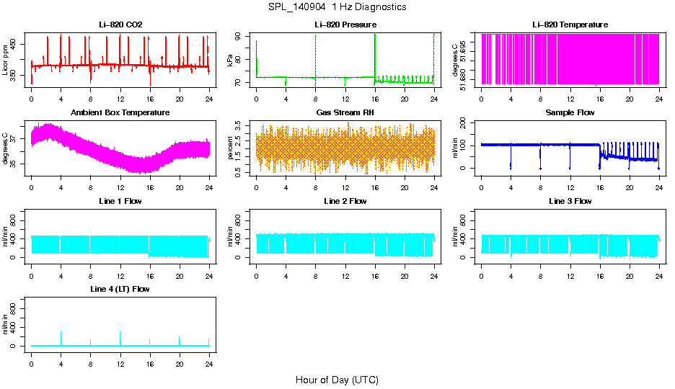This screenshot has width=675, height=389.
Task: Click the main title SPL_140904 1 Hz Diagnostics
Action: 337,7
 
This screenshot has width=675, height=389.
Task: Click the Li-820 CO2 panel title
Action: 120,25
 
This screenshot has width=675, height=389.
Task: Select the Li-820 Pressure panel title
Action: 345,25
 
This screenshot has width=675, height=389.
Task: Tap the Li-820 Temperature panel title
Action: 570,25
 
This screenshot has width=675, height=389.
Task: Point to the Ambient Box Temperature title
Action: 120,113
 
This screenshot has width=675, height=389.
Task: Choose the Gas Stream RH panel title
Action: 345,113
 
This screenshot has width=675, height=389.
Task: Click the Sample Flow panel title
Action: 570,113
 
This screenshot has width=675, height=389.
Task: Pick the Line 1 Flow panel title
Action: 120,201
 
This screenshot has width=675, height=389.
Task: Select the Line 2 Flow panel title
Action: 345,201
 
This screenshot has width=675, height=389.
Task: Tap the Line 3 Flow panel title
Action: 570,201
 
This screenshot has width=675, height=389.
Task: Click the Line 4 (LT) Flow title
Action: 120,289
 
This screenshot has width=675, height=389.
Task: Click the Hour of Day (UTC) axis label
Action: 337,380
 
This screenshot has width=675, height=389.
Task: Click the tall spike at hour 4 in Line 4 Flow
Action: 61,333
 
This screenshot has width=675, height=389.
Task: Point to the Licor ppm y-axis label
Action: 6,61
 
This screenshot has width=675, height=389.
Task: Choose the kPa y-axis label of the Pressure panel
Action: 231,61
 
